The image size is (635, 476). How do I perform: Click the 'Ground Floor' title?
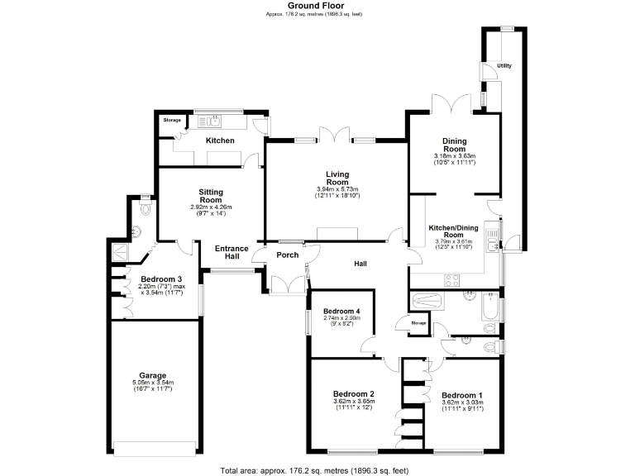pos(315,5)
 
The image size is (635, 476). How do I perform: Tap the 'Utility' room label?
pos(504,65)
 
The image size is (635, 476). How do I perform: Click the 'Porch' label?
pos(287,255)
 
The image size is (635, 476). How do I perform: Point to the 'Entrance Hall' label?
pos(232,252)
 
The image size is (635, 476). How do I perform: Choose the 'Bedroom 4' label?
pos(339,311)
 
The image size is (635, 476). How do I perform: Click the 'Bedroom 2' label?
pos(355,393)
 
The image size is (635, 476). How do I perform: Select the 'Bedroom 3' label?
pos(160,278)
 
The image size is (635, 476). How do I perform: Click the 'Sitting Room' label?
pos(211,195)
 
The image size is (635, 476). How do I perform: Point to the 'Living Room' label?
pos(337,178)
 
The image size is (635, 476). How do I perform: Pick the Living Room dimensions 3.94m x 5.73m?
pos(337,188)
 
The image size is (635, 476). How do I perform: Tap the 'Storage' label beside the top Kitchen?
pos(171,121)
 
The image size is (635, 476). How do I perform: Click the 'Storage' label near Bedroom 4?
pos(418,322)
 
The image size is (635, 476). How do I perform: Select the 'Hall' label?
pos(360,264)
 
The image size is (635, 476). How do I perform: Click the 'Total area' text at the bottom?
pos(315,469)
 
